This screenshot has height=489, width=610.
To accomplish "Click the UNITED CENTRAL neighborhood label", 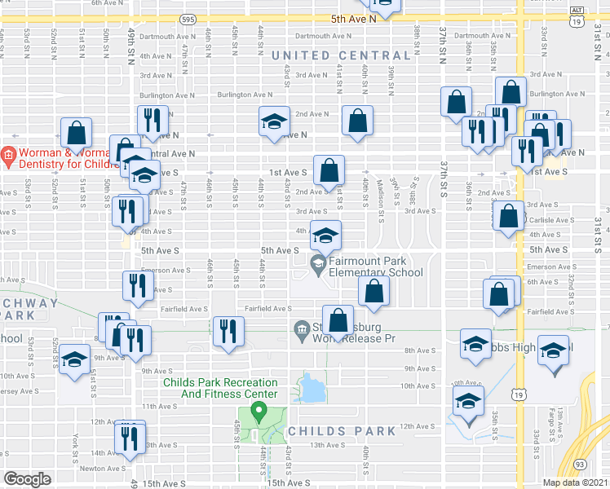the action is click(324, 55).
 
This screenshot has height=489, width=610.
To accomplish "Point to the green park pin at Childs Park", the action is click(260, 411).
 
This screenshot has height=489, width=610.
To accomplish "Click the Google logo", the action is click(27, 479).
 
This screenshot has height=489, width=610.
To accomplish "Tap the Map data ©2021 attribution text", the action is click(576, 482).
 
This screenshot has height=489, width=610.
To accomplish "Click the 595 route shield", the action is click(188, 18).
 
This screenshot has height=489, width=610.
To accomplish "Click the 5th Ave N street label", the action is click(353, 18).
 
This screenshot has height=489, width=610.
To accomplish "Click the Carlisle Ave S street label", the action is click(552, 220).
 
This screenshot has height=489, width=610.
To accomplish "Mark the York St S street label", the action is click(74, 447).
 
